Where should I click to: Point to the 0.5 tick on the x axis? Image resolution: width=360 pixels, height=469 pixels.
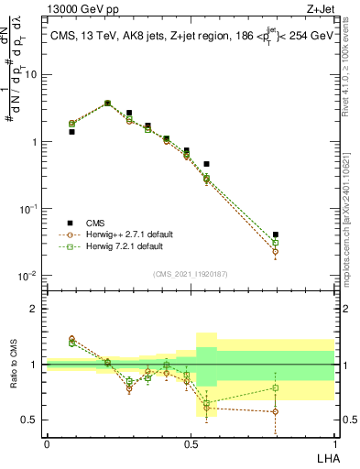(x=190, y=443)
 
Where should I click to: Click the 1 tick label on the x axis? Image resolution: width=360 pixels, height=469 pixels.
(x=333, y=443)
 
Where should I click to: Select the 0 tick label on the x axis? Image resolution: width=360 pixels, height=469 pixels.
(x=47, y=443)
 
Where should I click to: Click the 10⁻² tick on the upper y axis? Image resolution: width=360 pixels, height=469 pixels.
(x=29, y=276)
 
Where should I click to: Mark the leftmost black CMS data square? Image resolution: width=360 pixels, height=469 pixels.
(x=71, y=132)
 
